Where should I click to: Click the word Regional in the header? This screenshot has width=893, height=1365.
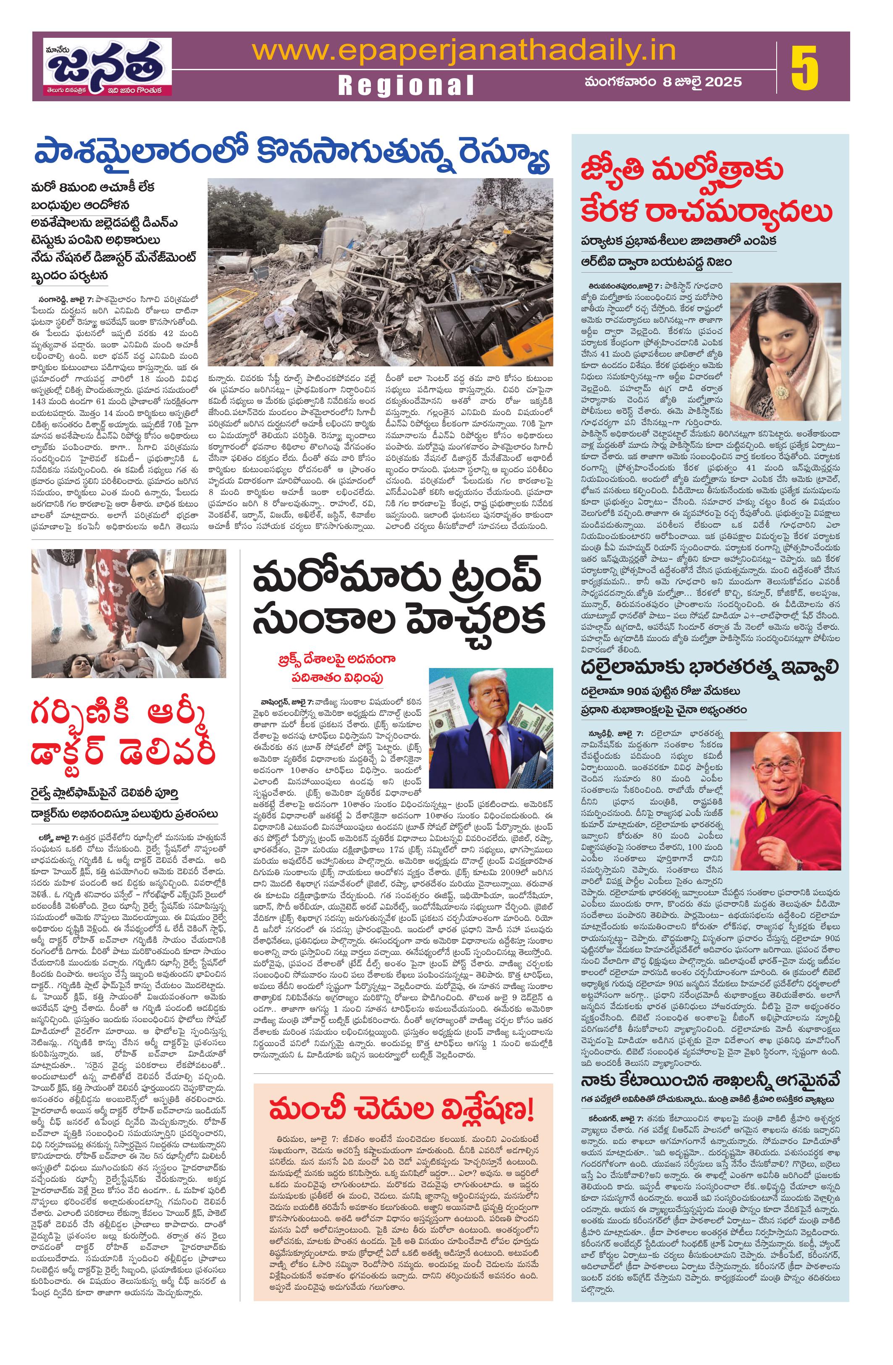pyautogui.click(x=406, y=85)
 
